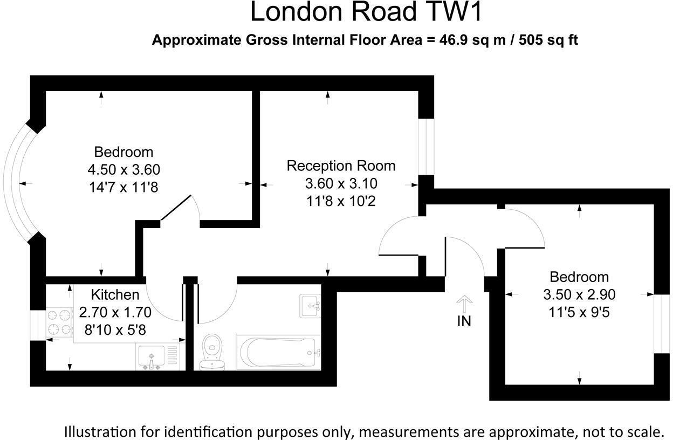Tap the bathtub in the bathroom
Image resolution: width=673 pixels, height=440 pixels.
tap(278, 353)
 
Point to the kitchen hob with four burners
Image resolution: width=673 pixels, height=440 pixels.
tap(59, 321)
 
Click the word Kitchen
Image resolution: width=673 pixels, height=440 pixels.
tap(115, 295)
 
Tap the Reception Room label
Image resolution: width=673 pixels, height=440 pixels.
tap(341, 165)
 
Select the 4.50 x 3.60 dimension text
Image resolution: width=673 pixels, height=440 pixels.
tap(123, 169)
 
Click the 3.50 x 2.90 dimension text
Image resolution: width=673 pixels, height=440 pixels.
tap(579, 294)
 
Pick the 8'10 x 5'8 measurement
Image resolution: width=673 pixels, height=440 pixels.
tap(115, 329)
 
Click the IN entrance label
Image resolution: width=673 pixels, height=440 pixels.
tap(464, 321)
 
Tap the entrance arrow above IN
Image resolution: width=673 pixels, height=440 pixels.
tap(464, 302)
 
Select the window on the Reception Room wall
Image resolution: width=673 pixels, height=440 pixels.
tap(426, 147)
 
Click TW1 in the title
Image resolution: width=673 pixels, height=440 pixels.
tap(458, 12)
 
